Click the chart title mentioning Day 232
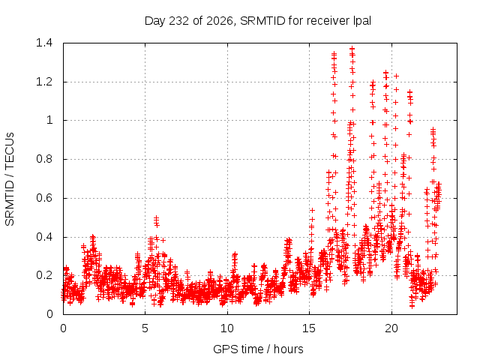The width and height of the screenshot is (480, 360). pos(258,21)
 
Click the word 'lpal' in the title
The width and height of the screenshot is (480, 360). pos(362,21)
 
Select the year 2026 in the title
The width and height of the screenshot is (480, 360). pos(219,21)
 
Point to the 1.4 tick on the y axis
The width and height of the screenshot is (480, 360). pos(44,43)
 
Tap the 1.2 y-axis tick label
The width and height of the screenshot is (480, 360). pos(44,82)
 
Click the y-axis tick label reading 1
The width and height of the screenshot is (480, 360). pos(49,120)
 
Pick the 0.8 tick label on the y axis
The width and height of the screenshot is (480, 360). pos(44,159)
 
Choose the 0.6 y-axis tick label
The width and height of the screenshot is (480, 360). pos(44,198)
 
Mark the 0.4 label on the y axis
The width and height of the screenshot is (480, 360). pos(44,237)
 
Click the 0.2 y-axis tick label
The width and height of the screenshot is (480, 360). pos(44,275)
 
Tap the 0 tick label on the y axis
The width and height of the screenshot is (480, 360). pos(49,314)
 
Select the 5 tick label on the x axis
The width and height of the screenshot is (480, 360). pos(145,328)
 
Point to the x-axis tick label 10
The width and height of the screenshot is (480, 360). pos(227,328)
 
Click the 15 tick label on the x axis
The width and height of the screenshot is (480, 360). pos(309,328)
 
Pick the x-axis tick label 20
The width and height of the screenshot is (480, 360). pos(391,328)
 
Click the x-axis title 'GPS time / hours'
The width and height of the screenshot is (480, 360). pos(258,349)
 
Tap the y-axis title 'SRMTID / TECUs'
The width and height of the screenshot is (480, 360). pos(10,179)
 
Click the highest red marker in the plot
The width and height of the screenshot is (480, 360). pos(352,48)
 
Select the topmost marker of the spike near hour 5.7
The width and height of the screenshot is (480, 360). pos(157,217)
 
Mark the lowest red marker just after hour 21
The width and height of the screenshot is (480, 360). pos(412,306)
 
